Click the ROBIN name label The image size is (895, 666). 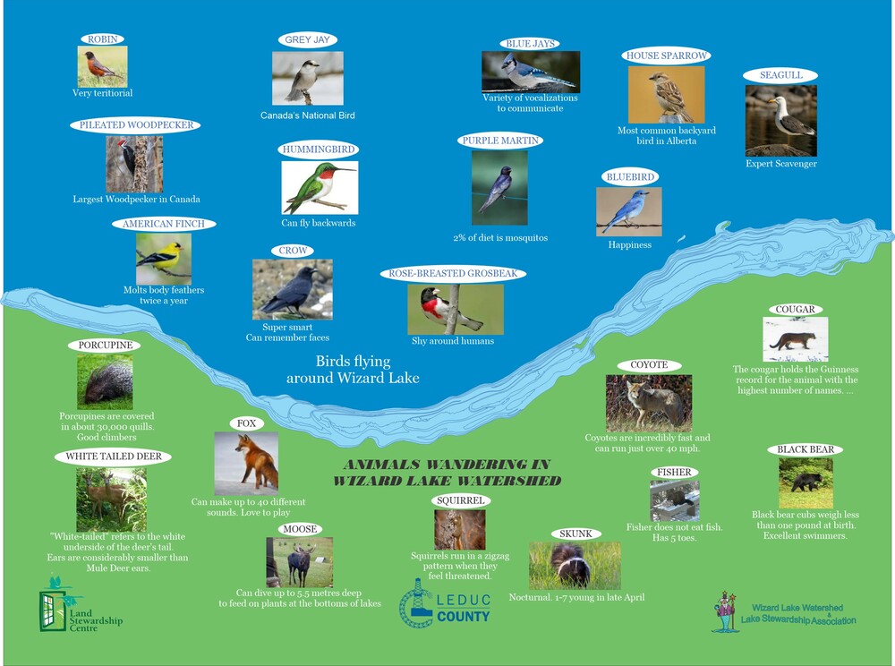(x=103, y=38)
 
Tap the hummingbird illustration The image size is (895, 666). (x=320, y=188)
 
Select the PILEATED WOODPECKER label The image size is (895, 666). (x=136, y=125)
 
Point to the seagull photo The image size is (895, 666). (x=780, y=121)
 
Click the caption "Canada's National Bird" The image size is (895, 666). (x=308, y=115)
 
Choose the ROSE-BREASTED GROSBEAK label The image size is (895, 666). (x=453, y=273)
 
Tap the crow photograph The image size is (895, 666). (x=293, y=289)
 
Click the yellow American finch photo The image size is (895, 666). (x=164, y=259)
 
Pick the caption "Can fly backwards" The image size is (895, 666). (x=319, y=223)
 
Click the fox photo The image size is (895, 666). (x=246, y=464)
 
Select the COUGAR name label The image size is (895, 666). (x=795, y=310)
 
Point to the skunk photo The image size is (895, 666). (x=575, y=566)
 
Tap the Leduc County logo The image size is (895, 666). (x=445, y=604)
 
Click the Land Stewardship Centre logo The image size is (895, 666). (x=81, y=605)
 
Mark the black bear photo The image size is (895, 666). (x=806, y=482)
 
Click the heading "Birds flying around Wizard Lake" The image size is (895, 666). (x=353, y=369)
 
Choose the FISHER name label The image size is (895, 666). (x=674, y=472)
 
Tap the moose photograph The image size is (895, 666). (x=299, y=562)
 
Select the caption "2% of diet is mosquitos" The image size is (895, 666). (x=500, y=237)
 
